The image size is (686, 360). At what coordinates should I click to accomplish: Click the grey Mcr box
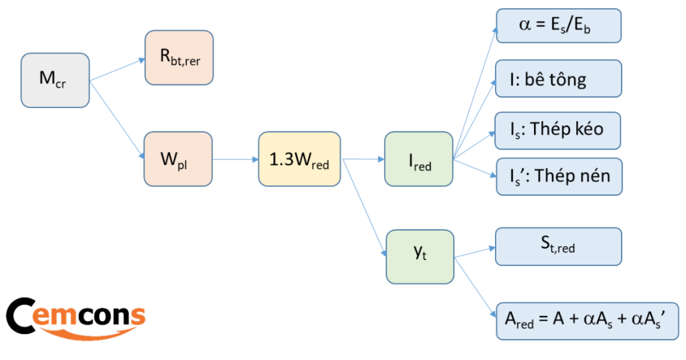pos(55,80)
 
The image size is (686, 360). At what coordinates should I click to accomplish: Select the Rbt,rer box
pos(179,58)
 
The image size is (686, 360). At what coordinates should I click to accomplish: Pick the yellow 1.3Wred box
pos(299,159)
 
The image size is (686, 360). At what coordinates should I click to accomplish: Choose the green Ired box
pos(419,159)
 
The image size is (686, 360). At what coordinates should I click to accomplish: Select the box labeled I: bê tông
pos(559,78)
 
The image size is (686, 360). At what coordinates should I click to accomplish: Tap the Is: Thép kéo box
pos(559,130)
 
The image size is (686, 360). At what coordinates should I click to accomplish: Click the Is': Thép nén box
pos(559,177)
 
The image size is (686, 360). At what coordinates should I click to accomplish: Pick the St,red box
pos(559,246)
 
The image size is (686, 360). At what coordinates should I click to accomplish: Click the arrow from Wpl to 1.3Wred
pos(234,160)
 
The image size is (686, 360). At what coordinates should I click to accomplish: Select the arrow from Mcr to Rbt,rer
pos(117,69)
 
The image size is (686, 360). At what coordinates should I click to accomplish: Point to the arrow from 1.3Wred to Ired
pos(362,160)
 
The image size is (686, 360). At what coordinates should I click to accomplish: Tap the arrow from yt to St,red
pos(474,252)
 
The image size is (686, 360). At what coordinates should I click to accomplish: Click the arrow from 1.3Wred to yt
pos(364,208)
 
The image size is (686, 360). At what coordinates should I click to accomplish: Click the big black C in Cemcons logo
pos(23,315)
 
